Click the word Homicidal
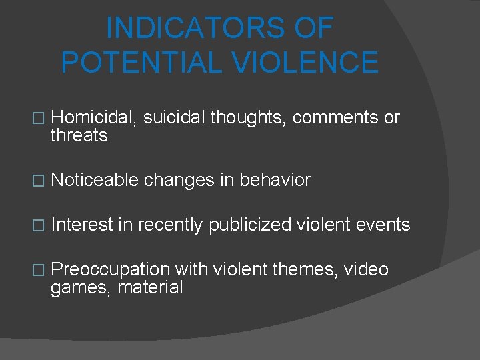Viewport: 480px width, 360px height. click(x=94, y=117)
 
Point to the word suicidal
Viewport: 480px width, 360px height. click(x=175, y=117)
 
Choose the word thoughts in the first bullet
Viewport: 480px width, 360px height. click(x=247, y=117)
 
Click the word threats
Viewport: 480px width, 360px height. click(x=79, y=136)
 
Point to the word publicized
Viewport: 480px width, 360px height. click(x=250, y=225)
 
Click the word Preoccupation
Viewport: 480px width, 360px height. click(x=111, y=269)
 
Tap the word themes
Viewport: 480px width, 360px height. click(x=306, y=269)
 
